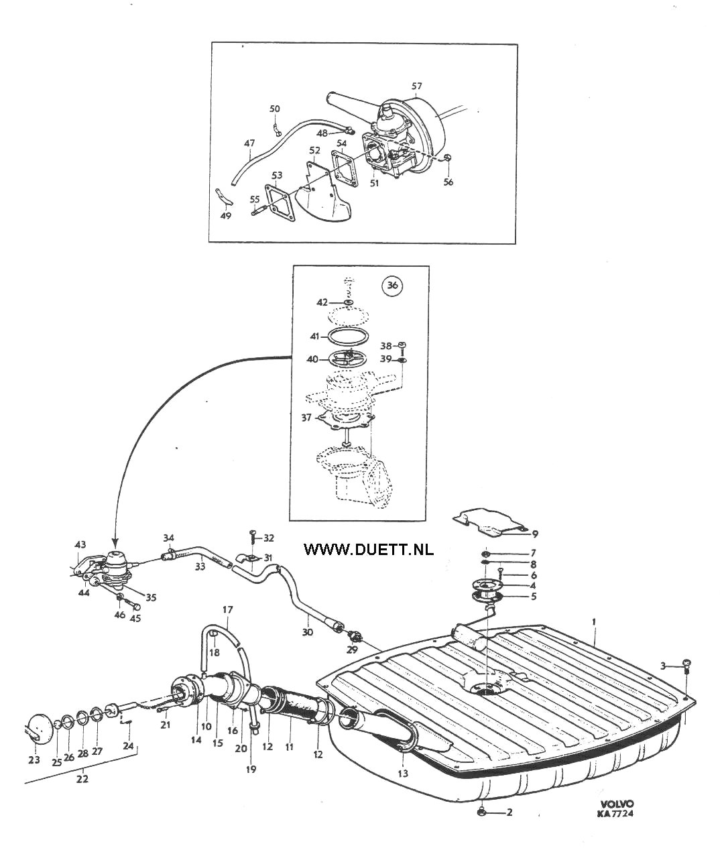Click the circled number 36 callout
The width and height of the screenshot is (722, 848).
pyautogui.click(x=393, y=286)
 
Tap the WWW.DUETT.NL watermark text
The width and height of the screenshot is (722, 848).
pyautogui.click(x=369, y=549)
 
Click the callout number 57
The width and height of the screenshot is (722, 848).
pyautogui.click(x=417, y=86)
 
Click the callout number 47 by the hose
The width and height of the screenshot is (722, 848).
pyautogui.click(x=249, y=143)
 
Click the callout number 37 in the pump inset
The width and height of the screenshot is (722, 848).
pyautogui.click(x=306, y=418)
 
